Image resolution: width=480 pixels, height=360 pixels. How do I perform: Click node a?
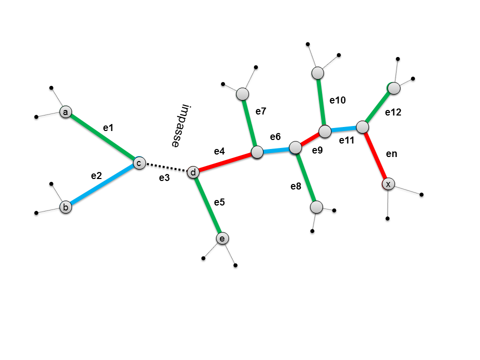(x=65, y=112)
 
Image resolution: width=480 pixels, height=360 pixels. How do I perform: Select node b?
(x=65, y=206)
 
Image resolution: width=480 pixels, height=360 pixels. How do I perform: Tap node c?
(x=139, y=162)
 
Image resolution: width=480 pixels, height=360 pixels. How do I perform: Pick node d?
(x=193, y=172)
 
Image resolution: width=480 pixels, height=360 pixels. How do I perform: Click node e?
(x=222, y=238)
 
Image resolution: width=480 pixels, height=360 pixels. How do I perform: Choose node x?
(x=388, y=184)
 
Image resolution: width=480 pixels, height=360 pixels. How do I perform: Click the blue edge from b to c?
(x=102, y=184)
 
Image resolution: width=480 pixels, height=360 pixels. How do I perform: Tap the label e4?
(x=219, y=151)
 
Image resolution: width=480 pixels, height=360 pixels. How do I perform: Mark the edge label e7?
(x=261, y=111)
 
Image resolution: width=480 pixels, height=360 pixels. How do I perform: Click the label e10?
(x=337, y=100)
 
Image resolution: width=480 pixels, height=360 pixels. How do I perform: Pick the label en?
(x=391, y=154)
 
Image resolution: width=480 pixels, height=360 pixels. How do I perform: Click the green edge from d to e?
(x=207, y=205)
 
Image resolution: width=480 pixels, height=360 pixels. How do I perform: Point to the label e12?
(x=393, y=113)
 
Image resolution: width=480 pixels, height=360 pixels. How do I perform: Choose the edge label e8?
(x=296, y=186)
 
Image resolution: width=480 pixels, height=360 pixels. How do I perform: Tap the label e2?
(x=96, y=175)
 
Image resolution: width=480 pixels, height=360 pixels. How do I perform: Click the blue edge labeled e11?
(x=344, y=129)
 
